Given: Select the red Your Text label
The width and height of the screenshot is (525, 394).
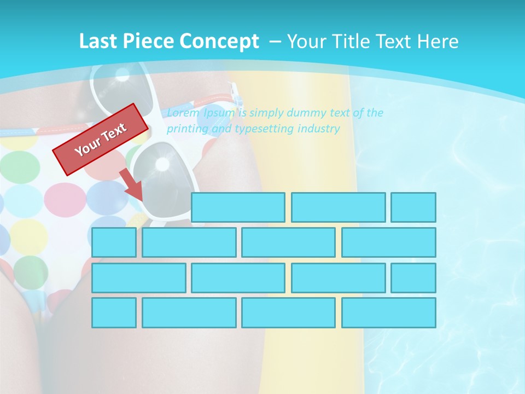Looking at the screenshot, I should coord(101,139).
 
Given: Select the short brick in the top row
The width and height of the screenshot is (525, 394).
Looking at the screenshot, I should coord(413,207).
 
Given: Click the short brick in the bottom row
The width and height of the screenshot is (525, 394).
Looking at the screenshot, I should coord(114,312).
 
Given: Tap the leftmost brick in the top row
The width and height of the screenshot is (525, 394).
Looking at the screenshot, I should coord(238,207).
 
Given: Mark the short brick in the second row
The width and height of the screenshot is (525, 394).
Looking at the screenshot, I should coord(114,242).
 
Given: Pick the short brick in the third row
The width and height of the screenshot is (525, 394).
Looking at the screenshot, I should coord(413,277).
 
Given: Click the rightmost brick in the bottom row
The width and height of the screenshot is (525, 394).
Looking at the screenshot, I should coord(389,312).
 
